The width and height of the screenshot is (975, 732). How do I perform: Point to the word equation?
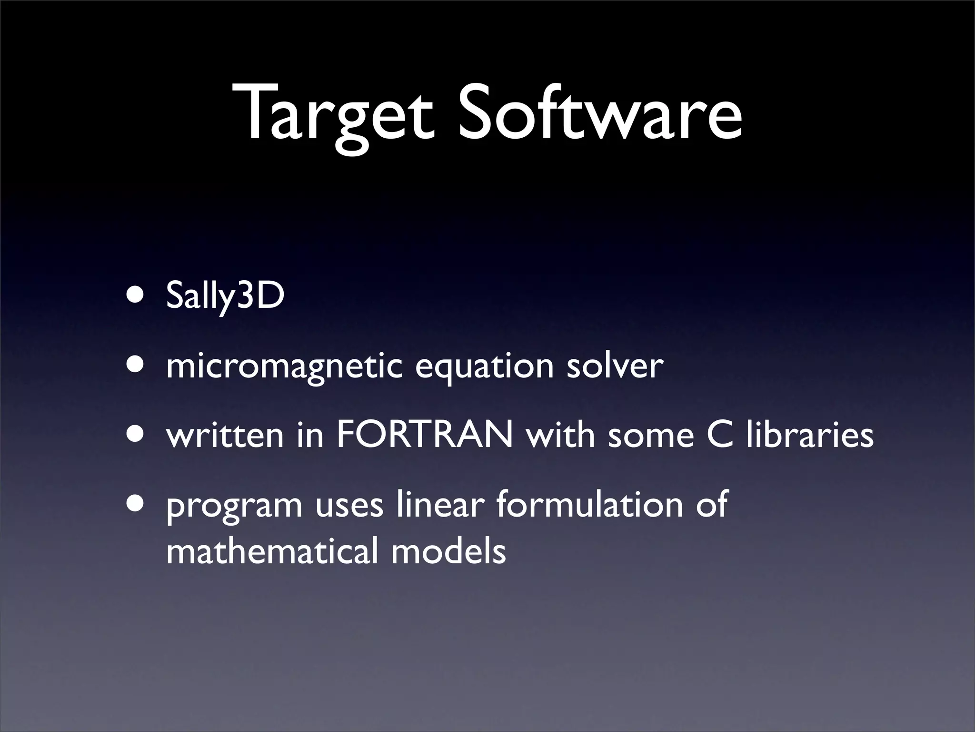click(x=484, y=367)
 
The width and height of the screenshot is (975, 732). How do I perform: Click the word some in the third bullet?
click(x=650, y=436)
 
